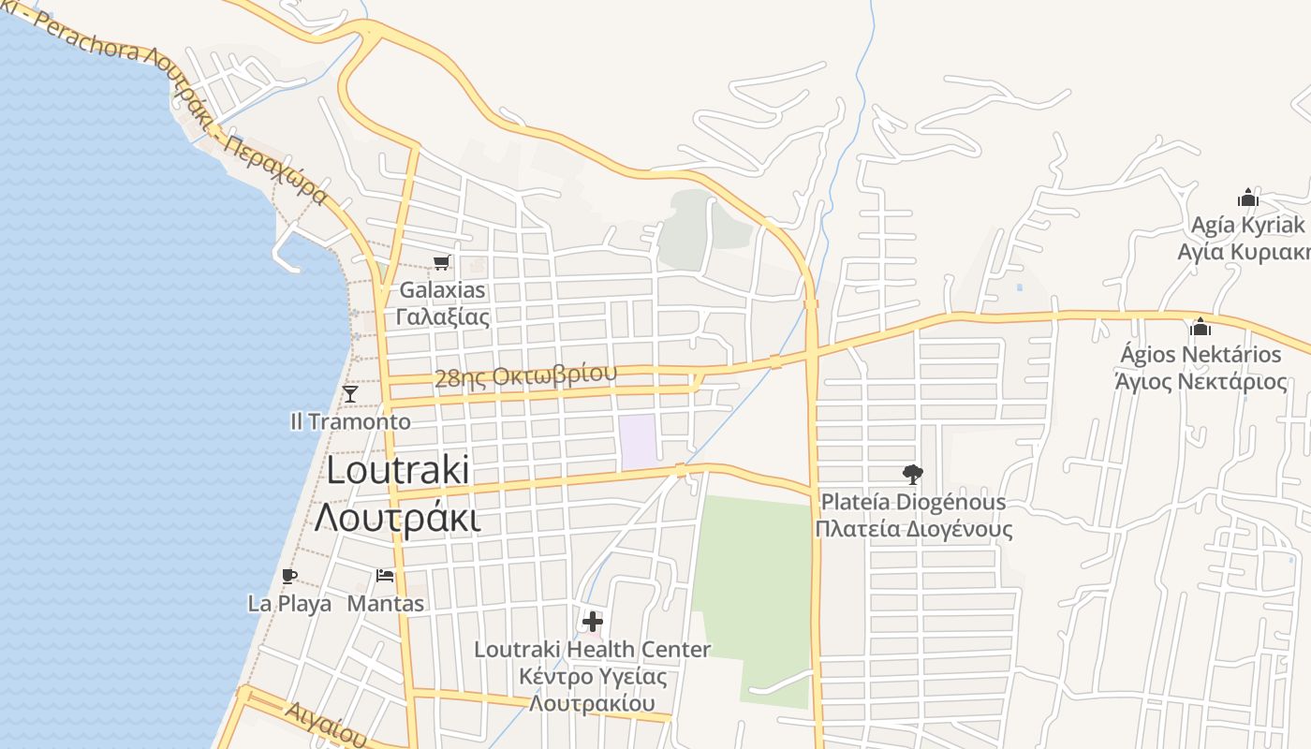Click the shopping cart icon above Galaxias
(x=440, y=263)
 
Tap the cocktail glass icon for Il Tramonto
(x=350, y=394)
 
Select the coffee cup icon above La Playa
(x=288, y=576)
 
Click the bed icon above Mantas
(x=384, y=576)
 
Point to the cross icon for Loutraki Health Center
(x=592, y=621)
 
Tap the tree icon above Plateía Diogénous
(x=912, y=475)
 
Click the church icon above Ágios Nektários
(x=1201, y=327)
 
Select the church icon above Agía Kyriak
(x=1247, y=198)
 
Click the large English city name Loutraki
(x=398, y=471)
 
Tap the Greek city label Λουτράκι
(x=398, y=517)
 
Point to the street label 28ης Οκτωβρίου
(x=526, y=376)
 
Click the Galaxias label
(x=442, y=290)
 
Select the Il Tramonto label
(x=350, y=421)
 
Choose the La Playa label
(x=289, y=604)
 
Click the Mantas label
(x=386, y=604)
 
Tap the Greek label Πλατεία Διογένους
(x=913, y=529)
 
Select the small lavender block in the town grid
(x=638, y=442)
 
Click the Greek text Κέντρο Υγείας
(x=592, y=676)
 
